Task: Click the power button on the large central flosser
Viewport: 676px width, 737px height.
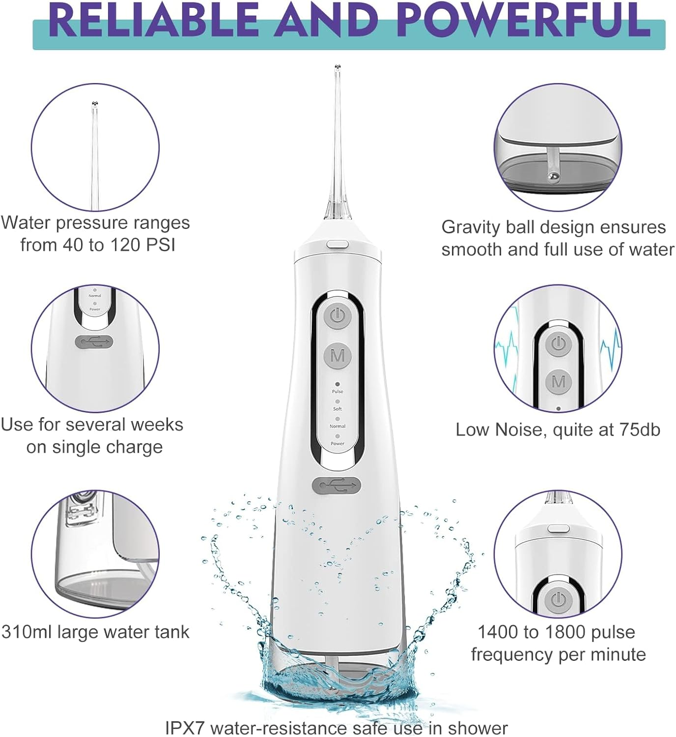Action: point(337,316)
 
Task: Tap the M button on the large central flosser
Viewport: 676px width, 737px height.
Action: point(338,355)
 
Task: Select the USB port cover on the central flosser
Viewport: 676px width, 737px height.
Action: point(337,486)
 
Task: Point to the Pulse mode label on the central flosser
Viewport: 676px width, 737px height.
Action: point(338,392)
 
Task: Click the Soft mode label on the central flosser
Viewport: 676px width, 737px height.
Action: point(338,409)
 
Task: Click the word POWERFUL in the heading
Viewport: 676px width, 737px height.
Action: point(522,21)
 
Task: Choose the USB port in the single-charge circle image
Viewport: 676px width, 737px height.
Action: point(94,342)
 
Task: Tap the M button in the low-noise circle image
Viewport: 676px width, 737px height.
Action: point(559,381)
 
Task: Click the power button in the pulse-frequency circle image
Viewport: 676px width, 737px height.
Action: point(557,600)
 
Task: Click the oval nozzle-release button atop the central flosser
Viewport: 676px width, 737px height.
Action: point(338,243)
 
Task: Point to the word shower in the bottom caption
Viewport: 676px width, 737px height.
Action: point(477,728)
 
